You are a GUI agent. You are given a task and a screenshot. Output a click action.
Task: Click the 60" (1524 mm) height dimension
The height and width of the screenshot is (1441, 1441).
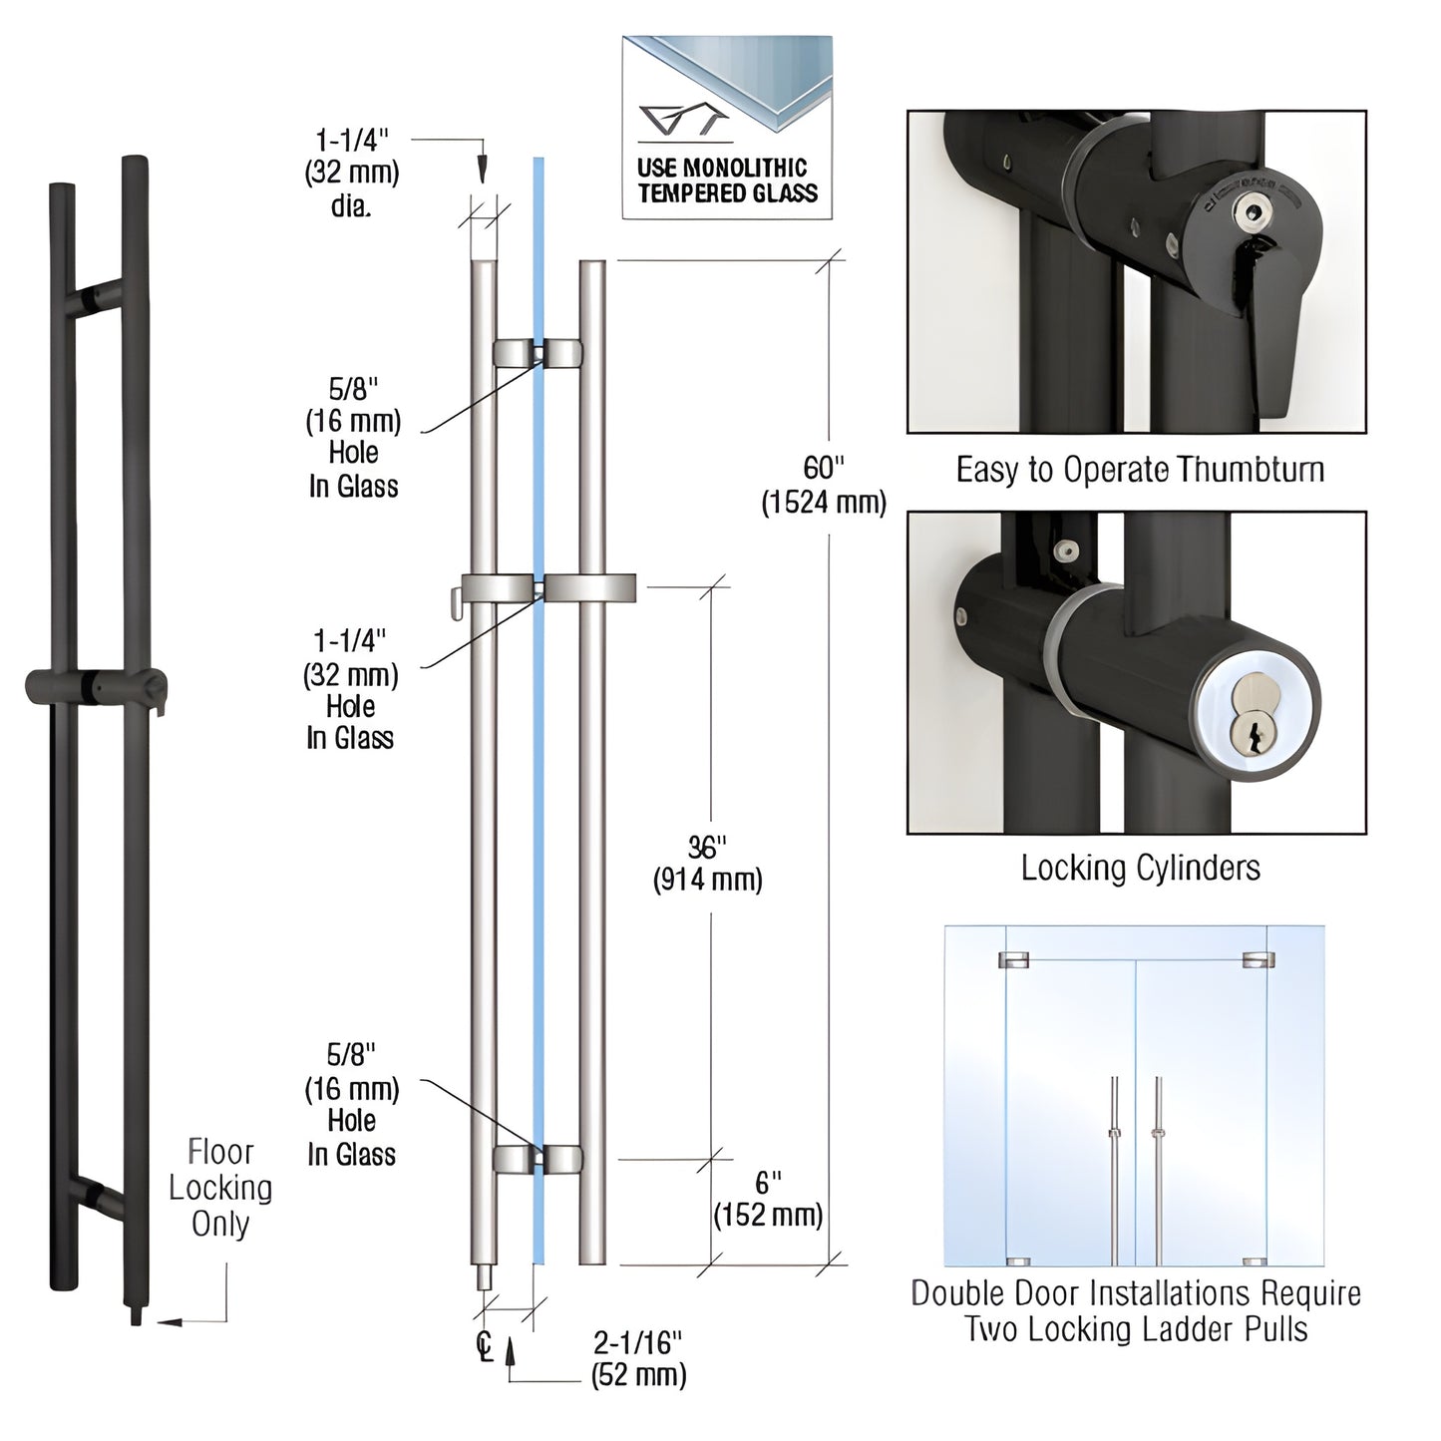[x=823, y=485]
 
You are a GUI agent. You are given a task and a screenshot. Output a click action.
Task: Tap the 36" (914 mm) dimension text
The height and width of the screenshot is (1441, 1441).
[x=707, y=864]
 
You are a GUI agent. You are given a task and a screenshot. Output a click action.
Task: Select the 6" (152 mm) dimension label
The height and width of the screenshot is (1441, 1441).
[x=767, y=1199]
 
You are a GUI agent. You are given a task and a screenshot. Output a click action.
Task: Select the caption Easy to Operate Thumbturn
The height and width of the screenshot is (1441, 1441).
[x=1140, y=470]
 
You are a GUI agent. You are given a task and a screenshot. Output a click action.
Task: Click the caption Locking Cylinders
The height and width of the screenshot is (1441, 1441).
[x=1140, y=868]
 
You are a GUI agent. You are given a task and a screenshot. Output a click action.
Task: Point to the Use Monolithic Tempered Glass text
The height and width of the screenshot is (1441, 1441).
[x=727, y=180]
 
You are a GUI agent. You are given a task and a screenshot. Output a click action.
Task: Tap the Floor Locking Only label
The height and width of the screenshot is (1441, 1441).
[x=220, y=1188]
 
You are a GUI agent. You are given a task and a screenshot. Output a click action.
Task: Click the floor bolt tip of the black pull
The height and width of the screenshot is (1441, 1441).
[x=135, y=1315]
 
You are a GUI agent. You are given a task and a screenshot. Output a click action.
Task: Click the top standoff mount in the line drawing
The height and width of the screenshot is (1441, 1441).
[x=539, y=352]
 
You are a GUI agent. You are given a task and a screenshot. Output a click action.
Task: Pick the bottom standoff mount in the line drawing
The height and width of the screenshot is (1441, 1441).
[x=539, y=1158]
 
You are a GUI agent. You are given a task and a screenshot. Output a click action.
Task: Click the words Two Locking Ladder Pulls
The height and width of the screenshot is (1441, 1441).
[x=1136, y=1329]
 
